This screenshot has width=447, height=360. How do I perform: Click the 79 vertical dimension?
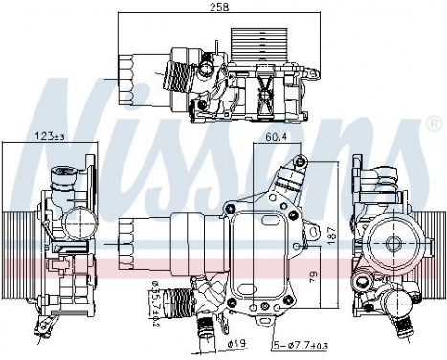point(314,280)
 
